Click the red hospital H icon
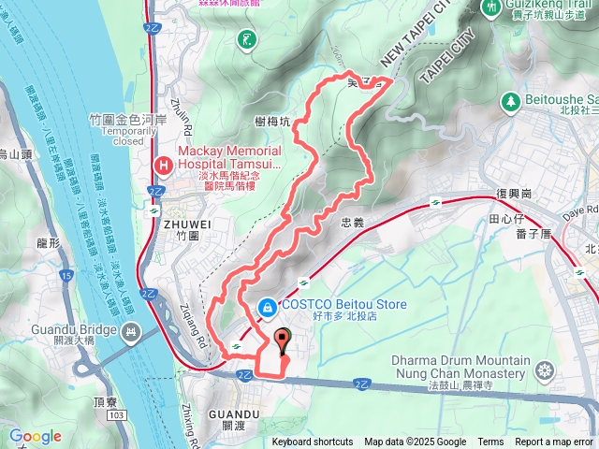[164, 166]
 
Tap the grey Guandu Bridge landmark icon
[129, 330]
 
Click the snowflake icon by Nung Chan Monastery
[543, 373]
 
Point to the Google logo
[35, 437]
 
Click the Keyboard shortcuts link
[313, 442]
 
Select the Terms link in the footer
[490, 442]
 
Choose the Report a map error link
[554, 442]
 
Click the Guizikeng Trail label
[543, 6]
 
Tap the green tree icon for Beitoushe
[511, 99]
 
